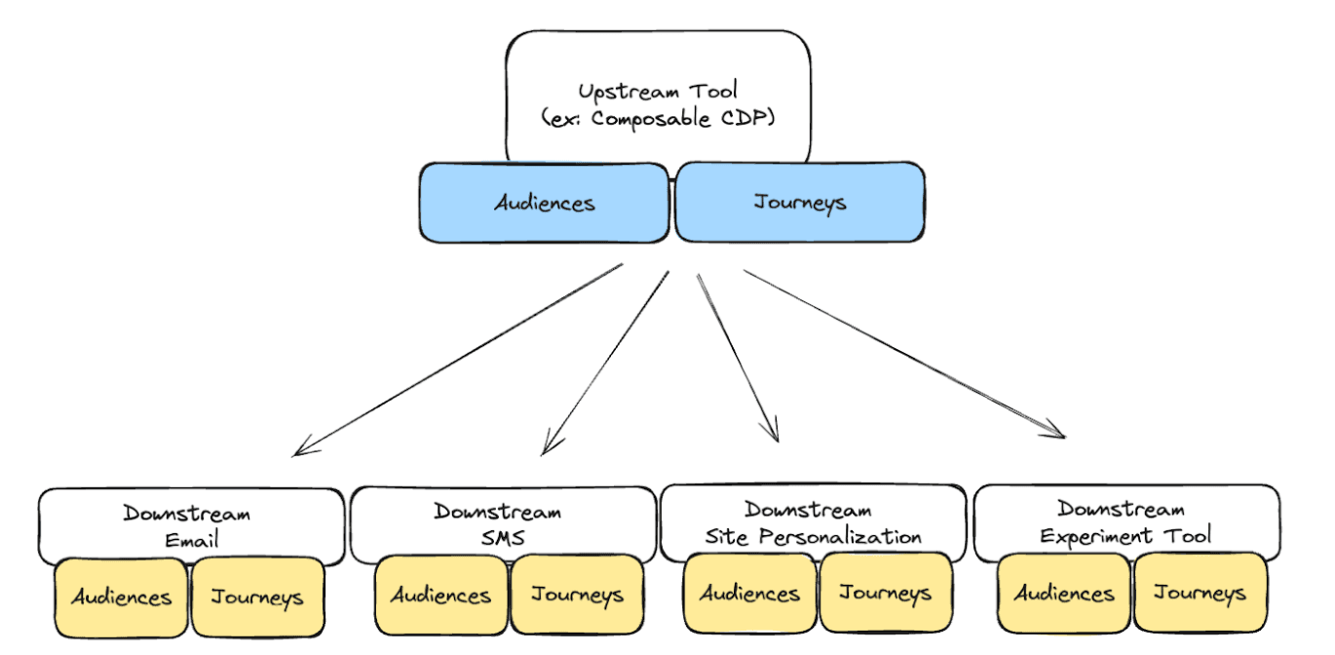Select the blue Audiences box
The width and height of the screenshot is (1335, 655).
tap(545, 203)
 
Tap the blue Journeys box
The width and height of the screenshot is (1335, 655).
tap(799, 203)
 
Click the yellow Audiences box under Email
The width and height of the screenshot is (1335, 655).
tap(121, 597)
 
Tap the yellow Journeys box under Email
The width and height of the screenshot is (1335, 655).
tap(257, 597)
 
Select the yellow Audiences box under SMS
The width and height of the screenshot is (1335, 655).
tap(440, 595)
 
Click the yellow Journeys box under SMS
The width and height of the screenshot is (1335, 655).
tap(577, 595)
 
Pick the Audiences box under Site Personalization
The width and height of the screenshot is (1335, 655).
tap(749, 593)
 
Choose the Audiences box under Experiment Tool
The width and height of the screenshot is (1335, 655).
tap(1064, 593)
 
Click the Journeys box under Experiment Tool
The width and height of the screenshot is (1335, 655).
tap(1201, 593)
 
